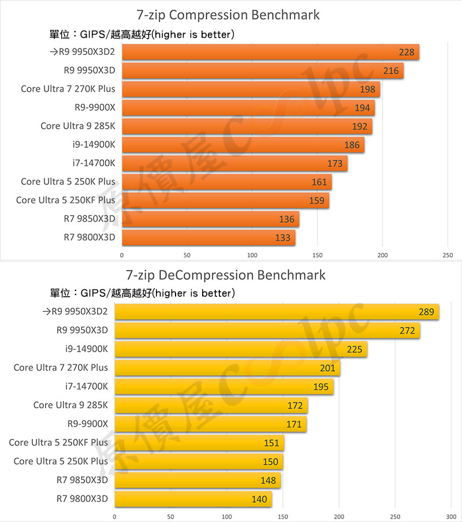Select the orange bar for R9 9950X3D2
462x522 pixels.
pyautogui.click(x=270, y=53)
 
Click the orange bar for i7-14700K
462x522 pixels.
pyautogui.click(x=234, y=163)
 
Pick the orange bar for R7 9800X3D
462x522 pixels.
pyautogui.click(x=208, y=237)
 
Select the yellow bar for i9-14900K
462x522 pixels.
pyautogui.click(x=241, y=349)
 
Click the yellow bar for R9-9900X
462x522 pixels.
pyautogui.click(x=210, y=424)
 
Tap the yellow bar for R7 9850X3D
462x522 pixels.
pyautogui.click(x=198, y=480)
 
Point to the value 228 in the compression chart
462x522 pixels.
pyautogui.click(x=407, y=53)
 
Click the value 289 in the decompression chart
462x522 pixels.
pyautogui.click(x=426, y=312)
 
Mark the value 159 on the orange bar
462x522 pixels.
pyautogui.click(x=317, y=201)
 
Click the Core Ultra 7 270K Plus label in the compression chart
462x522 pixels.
pyautogui.click(x=68, y=89)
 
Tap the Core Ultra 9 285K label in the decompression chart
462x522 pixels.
pyautogui.click(x=70, y=405)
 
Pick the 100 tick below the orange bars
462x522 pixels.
pyautogui.click(x=252, y=254)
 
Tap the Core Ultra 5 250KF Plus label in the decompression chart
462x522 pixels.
pyautogui.click(x=58, y=442)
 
